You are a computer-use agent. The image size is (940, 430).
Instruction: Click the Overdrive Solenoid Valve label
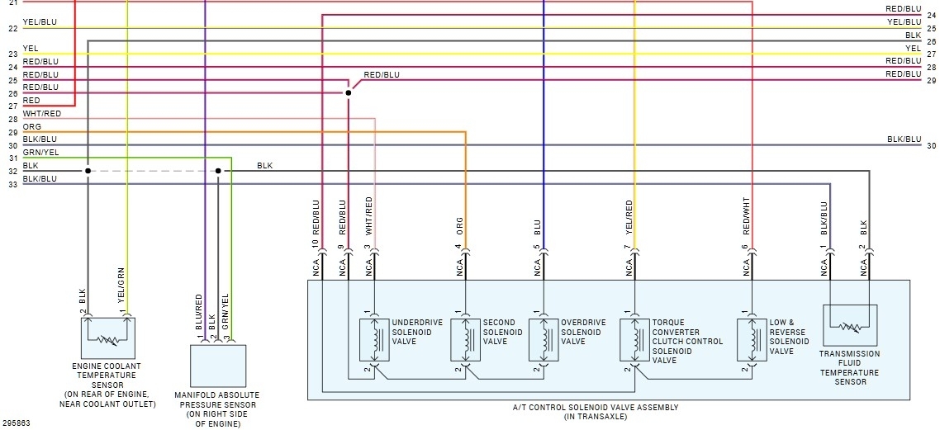(x=583, y=332)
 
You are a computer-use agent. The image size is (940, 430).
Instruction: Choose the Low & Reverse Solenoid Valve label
(x=789, y=337)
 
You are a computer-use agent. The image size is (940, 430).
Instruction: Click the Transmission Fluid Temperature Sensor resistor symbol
(x=849, y=327)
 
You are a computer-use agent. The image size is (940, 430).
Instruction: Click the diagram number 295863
(x=15, y=423)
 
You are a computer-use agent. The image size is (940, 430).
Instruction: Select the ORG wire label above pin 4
(x=459, y=226)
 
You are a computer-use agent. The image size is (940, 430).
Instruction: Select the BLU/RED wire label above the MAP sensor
(x=199, y=312)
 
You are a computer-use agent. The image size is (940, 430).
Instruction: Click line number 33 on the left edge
(x=12, y=185)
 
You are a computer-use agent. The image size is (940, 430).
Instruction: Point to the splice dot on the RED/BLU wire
(x=348, y=93)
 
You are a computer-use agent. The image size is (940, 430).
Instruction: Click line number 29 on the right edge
(x=931, y=80)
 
